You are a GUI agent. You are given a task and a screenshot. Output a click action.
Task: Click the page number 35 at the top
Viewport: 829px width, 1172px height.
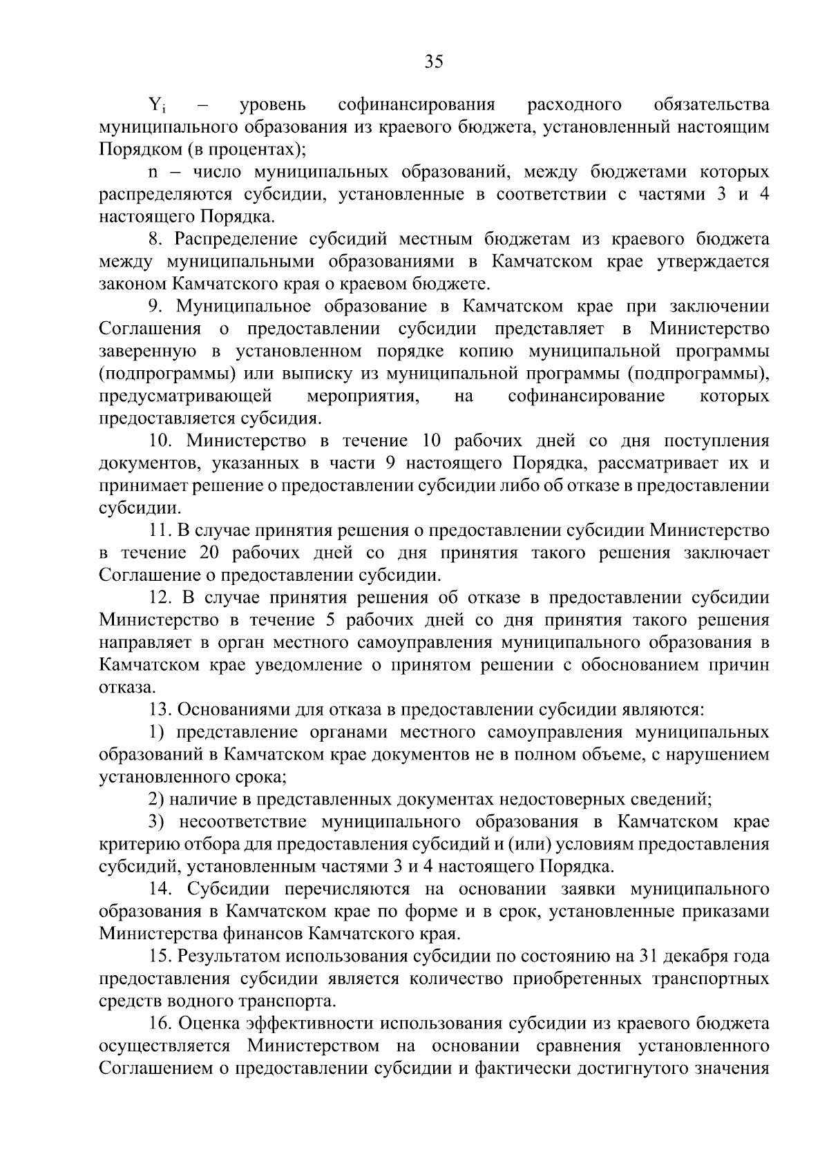coord(433,62)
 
